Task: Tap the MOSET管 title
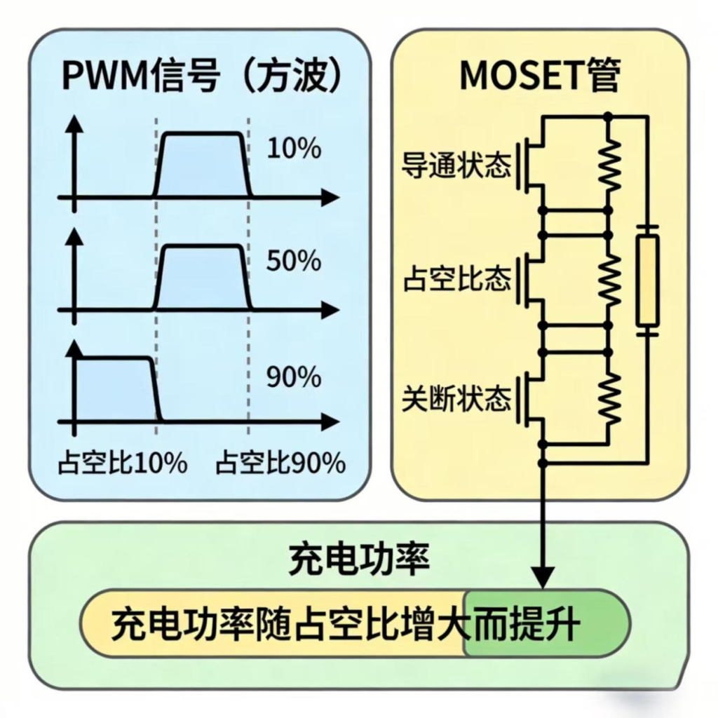[x=540, y=76]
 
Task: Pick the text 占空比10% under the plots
[x=122, y=463]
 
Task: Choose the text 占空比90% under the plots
[x=280, y=463]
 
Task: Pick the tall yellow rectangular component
[x=646, y=280]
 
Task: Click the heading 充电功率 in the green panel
[x=359, y=559]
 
